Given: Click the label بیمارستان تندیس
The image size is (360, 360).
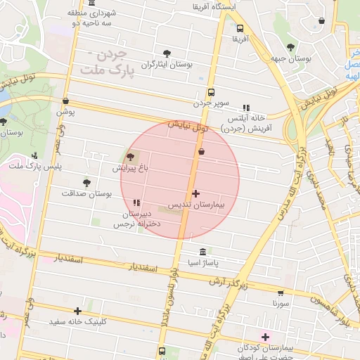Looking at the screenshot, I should point(195,205).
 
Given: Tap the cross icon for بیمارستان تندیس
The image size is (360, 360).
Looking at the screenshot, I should point(195,193).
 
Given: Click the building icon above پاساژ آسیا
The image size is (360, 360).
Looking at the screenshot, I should point(203,252).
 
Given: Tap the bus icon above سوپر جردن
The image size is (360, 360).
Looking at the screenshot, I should point(210,92).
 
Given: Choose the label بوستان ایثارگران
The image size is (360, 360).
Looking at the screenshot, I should point(167,64).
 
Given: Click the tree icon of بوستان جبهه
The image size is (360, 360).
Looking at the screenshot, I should point(290,47).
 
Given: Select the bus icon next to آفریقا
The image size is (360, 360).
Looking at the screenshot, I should point(240,29).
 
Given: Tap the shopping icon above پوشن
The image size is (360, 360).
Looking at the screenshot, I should point(65,101).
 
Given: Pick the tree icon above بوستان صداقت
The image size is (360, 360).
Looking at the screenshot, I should point(86,182).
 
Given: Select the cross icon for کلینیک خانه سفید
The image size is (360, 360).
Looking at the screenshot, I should point(77,311).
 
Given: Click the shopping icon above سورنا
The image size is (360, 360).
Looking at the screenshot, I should point(281,292).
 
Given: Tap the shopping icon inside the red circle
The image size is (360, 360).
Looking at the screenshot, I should point(202,151).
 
